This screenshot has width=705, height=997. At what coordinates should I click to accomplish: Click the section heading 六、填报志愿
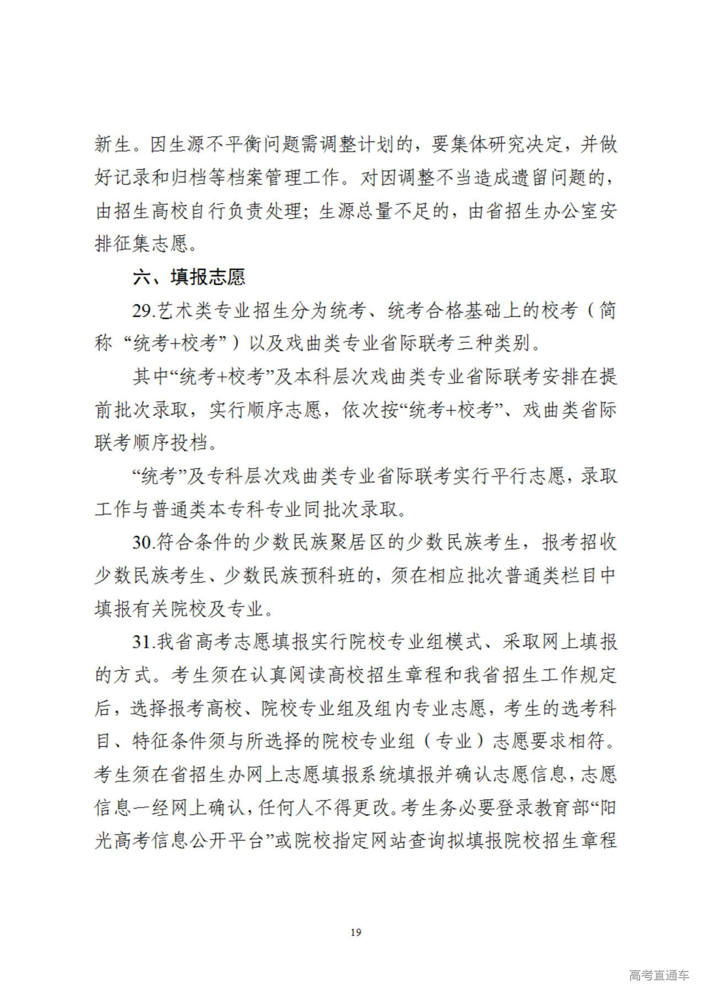pos(189,277)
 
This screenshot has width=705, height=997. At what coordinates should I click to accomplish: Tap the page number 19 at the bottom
pos(356,932)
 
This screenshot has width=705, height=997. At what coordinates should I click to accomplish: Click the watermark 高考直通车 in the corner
pos(659,976)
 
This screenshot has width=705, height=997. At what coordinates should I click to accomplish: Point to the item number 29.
pos(143,311)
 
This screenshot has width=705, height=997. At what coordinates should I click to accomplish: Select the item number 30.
pos(143,543)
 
